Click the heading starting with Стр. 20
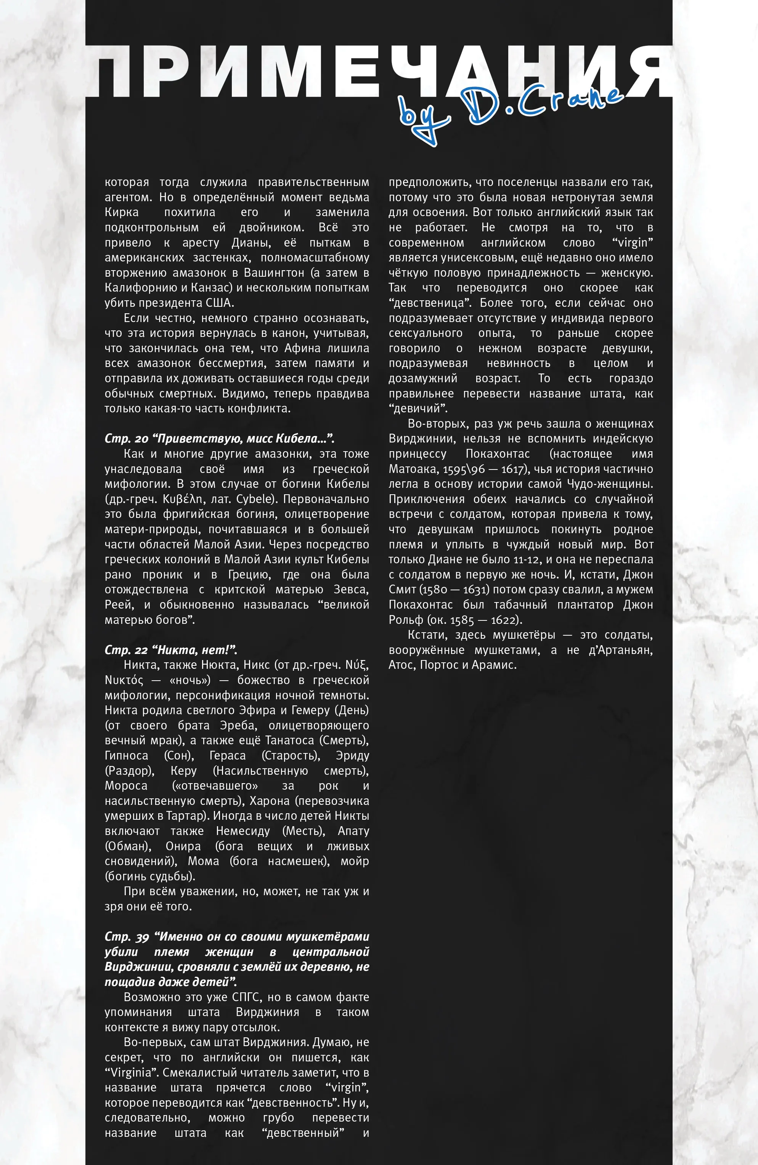click(x=219, y=438)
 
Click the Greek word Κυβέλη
click(x=183, y=499)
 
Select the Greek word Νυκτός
click(x=124, y=680)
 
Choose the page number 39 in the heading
click(x=142, y=937)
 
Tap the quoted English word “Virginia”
click(x=131, y=1072)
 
